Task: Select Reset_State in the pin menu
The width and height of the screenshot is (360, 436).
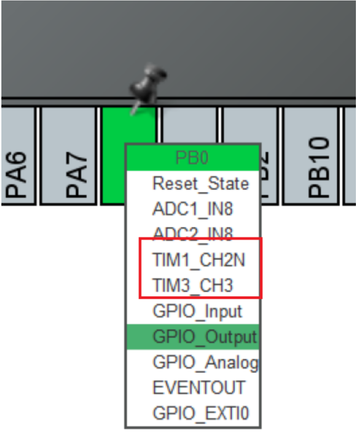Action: coord(200,183)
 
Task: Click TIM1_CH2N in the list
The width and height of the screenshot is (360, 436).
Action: coord(199,260)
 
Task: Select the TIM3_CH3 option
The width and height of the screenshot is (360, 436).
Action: coord(193,286)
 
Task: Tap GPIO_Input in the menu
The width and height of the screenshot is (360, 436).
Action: coord(197,312)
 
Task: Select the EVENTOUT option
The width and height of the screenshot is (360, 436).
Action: coord(198,388)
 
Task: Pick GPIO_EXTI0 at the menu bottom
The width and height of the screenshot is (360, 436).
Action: coord(200,414)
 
